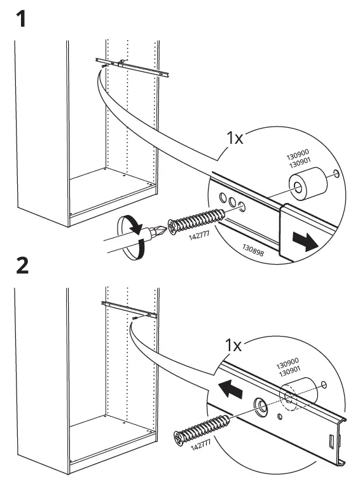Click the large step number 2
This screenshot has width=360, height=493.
click(22, 266)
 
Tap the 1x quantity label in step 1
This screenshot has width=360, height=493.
click(235, 137)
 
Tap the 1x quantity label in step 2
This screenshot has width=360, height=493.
click(233, 345)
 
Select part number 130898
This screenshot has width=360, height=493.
click(253, 249)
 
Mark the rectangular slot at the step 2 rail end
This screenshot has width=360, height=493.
click(331, 440)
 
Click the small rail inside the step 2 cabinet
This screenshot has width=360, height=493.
click(129, 309)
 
